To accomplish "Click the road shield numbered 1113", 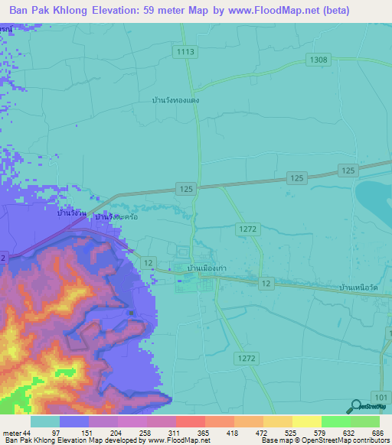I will pos(185,51).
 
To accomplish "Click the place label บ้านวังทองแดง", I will pos(176,99).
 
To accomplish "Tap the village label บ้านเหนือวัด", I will pos(360,286).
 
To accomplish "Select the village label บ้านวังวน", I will pos(70,213).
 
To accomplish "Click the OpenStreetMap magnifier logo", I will pos(355,407).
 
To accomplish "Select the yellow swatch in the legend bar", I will pos(306,421).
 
